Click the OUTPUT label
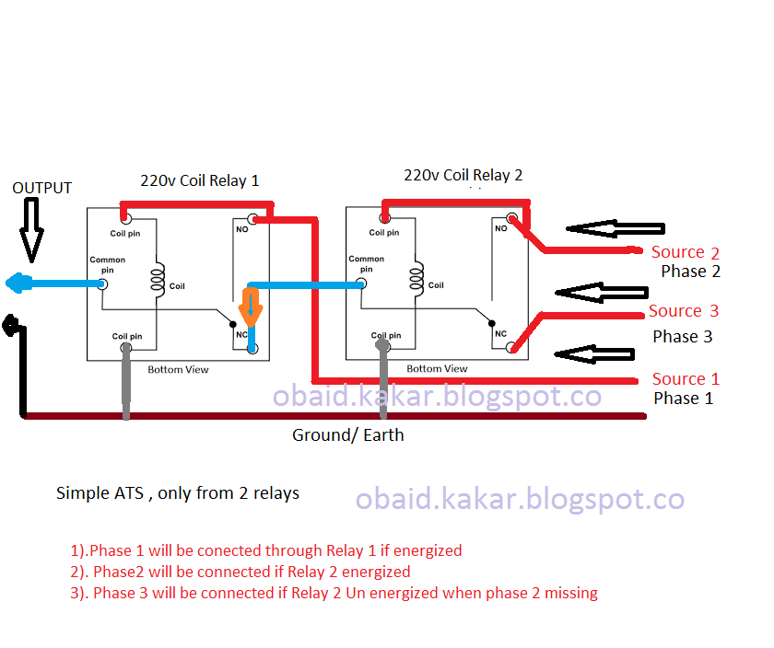click(x=41, y=188)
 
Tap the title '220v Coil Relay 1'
click(x=199, y=180)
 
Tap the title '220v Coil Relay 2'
click(x=463, y=175)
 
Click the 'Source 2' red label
click(x=685, y=252)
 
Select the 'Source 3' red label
click(x=683, y=311)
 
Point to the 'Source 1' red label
click(x=686, y=379)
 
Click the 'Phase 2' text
click(x=690, y=272)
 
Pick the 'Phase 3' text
click(x=683, y=337)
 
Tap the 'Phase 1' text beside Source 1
click(x=683, y=399)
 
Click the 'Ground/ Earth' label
click(x=347, y=434)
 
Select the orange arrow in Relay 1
click(x=251, y=306)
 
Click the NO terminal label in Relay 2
click(x=500, y=228)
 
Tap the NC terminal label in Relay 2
click(x=500, y=333)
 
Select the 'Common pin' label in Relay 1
click(x=107, y=265)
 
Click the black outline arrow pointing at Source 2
click(x=615, y=229)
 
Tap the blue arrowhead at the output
click(x=15, y=284)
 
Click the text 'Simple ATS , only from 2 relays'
click(x=178, y=493)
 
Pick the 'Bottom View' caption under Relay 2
click(x=437, y=369)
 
